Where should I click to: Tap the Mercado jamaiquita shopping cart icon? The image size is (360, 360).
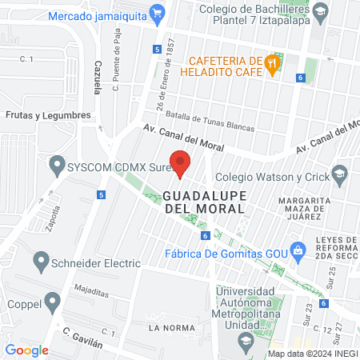158,14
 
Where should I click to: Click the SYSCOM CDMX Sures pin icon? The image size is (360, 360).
56,166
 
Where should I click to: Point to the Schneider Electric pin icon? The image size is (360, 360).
42,262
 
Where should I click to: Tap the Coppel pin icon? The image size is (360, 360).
53,302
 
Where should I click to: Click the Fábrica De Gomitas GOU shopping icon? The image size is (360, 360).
298,250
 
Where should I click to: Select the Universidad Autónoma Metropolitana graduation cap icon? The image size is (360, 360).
246,342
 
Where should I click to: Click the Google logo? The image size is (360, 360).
26,350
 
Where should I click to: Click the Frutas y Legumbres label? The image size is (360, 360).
47,115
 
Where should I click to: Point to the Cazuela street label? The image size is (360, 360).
97,76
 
